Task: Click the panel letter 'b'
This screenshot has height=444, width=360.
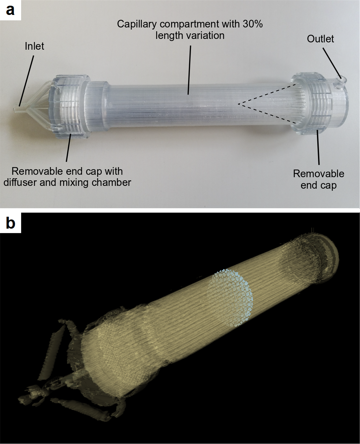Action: click(10, 223)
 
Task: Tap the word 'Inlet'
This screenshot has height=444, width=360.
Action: click(34, 46)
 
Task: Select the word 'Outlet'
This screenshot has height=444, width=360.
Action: click(320, 39)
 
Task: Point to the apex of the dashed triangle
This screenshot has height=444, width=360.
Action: click(239, 104)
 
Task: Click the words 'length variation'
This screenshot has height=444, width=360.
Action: click(190, 35)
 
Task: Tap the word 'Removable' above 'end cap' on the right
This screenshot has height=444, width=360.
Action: click(318, 174)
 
